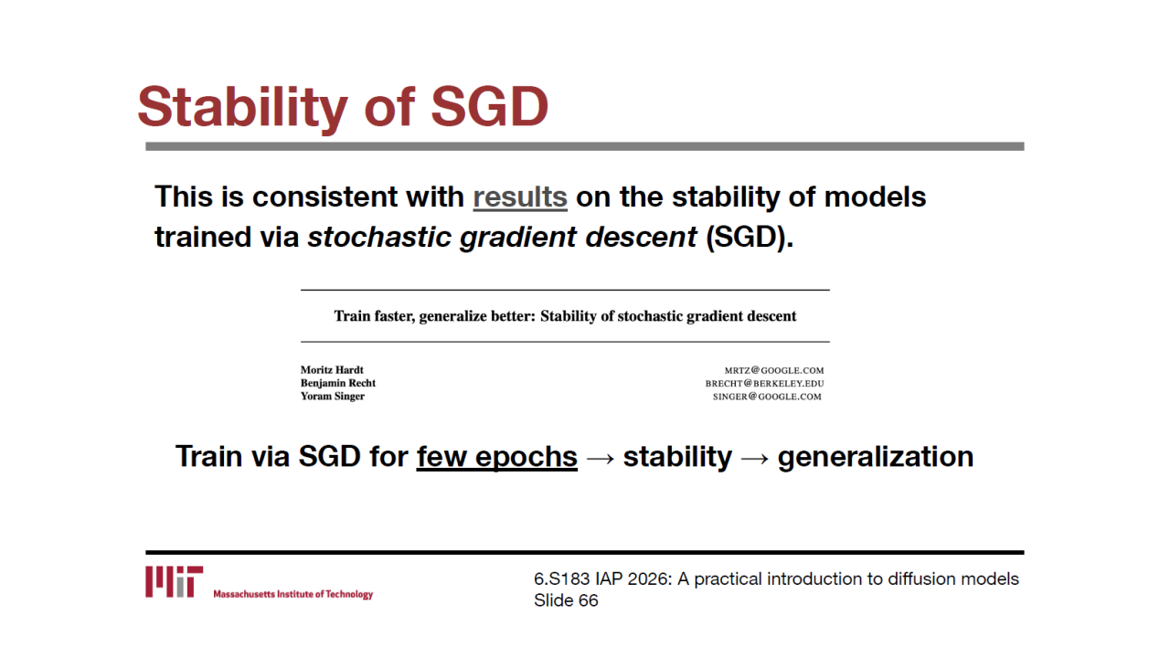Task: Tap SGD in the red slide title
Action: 489,106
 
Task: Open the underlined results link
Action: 520,197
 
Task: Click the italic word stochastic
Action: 379,237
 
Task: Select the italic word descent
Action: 641,237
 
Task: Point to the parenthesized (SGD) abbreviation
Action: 750,237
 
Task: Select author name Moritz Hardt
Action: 332,370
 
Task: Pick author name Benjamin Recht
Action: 338,383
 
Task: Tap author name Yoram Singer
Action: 332,396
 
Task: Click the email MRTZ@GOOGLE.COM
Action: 774,370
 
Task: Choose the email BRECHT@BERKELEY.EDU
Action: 765,383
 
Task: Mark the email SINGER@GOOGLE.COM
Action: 767,397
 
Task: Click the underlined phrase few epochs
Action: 496,456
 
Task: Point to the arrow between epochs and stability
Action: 601,458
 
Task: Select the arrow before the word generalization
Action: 755,458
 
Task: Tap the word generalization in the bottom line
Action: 876,457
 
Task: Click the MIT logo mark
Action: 174,581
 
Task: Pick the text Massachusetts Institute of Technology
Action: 293,594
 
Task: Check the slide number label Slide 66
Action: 566,600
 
